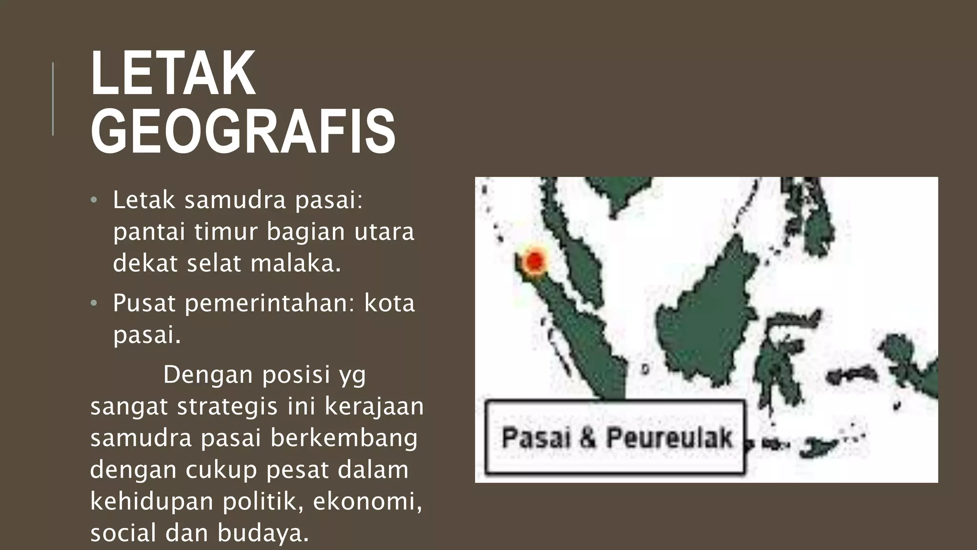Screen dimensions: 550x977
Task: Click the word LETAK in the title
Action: [173, 74]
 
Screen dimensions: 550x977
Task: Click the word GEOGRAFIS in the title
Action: [243, 132]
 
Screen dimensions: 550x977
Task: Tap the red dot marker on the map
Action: [535, 261]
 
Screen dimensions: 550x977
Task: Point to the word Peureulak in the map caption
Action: [669, 438]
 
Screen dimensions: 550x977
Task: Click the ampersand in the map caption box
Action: [588, 438]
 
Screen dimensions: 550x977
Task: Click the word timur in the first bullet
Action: [226, 232]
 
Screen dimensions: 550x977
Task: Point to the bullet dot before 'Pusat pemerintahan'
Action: [94, 303]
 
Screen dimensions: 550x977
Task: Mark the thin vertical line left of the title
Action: [52, 99]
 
